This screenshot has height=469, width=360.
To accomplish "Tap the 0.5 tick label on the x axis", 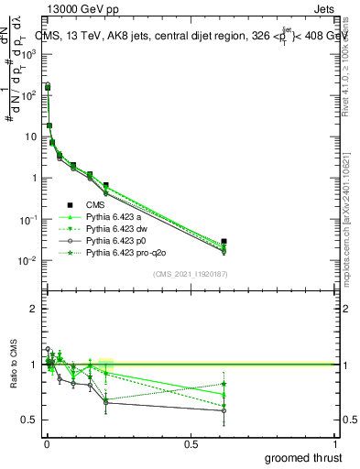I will [191, 442].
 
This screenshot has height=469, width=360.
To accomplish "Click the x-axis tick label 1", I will [336, 442].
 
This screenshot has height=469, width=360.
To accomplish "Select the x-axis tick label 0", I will [46, 442].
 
